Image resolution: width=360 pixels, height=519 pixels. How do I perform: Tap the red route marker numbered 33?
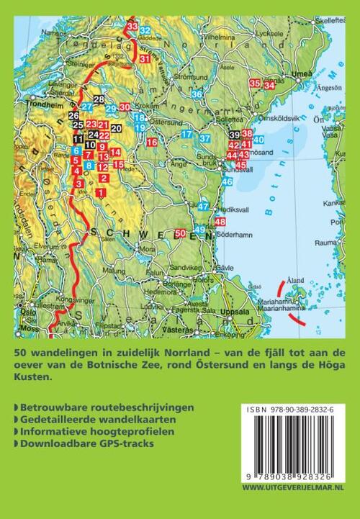point(132,27)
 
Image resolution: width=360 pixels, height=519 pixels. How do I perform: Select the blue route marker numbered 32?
point(145,30)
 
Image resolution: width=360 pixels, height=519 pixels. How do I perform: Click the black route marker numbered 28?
point(99,99)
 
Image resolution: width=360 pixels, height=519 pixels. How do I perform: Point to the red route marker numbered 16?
point(151,143)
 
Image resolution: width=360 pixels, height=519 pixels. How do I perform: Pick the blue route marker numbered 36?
point(197,94)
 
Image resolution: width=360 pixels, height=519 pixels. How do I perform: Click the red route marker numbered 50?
point(180,233)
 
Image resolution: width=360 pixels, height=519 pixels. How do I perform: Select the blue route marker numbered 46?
point(227,182)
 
